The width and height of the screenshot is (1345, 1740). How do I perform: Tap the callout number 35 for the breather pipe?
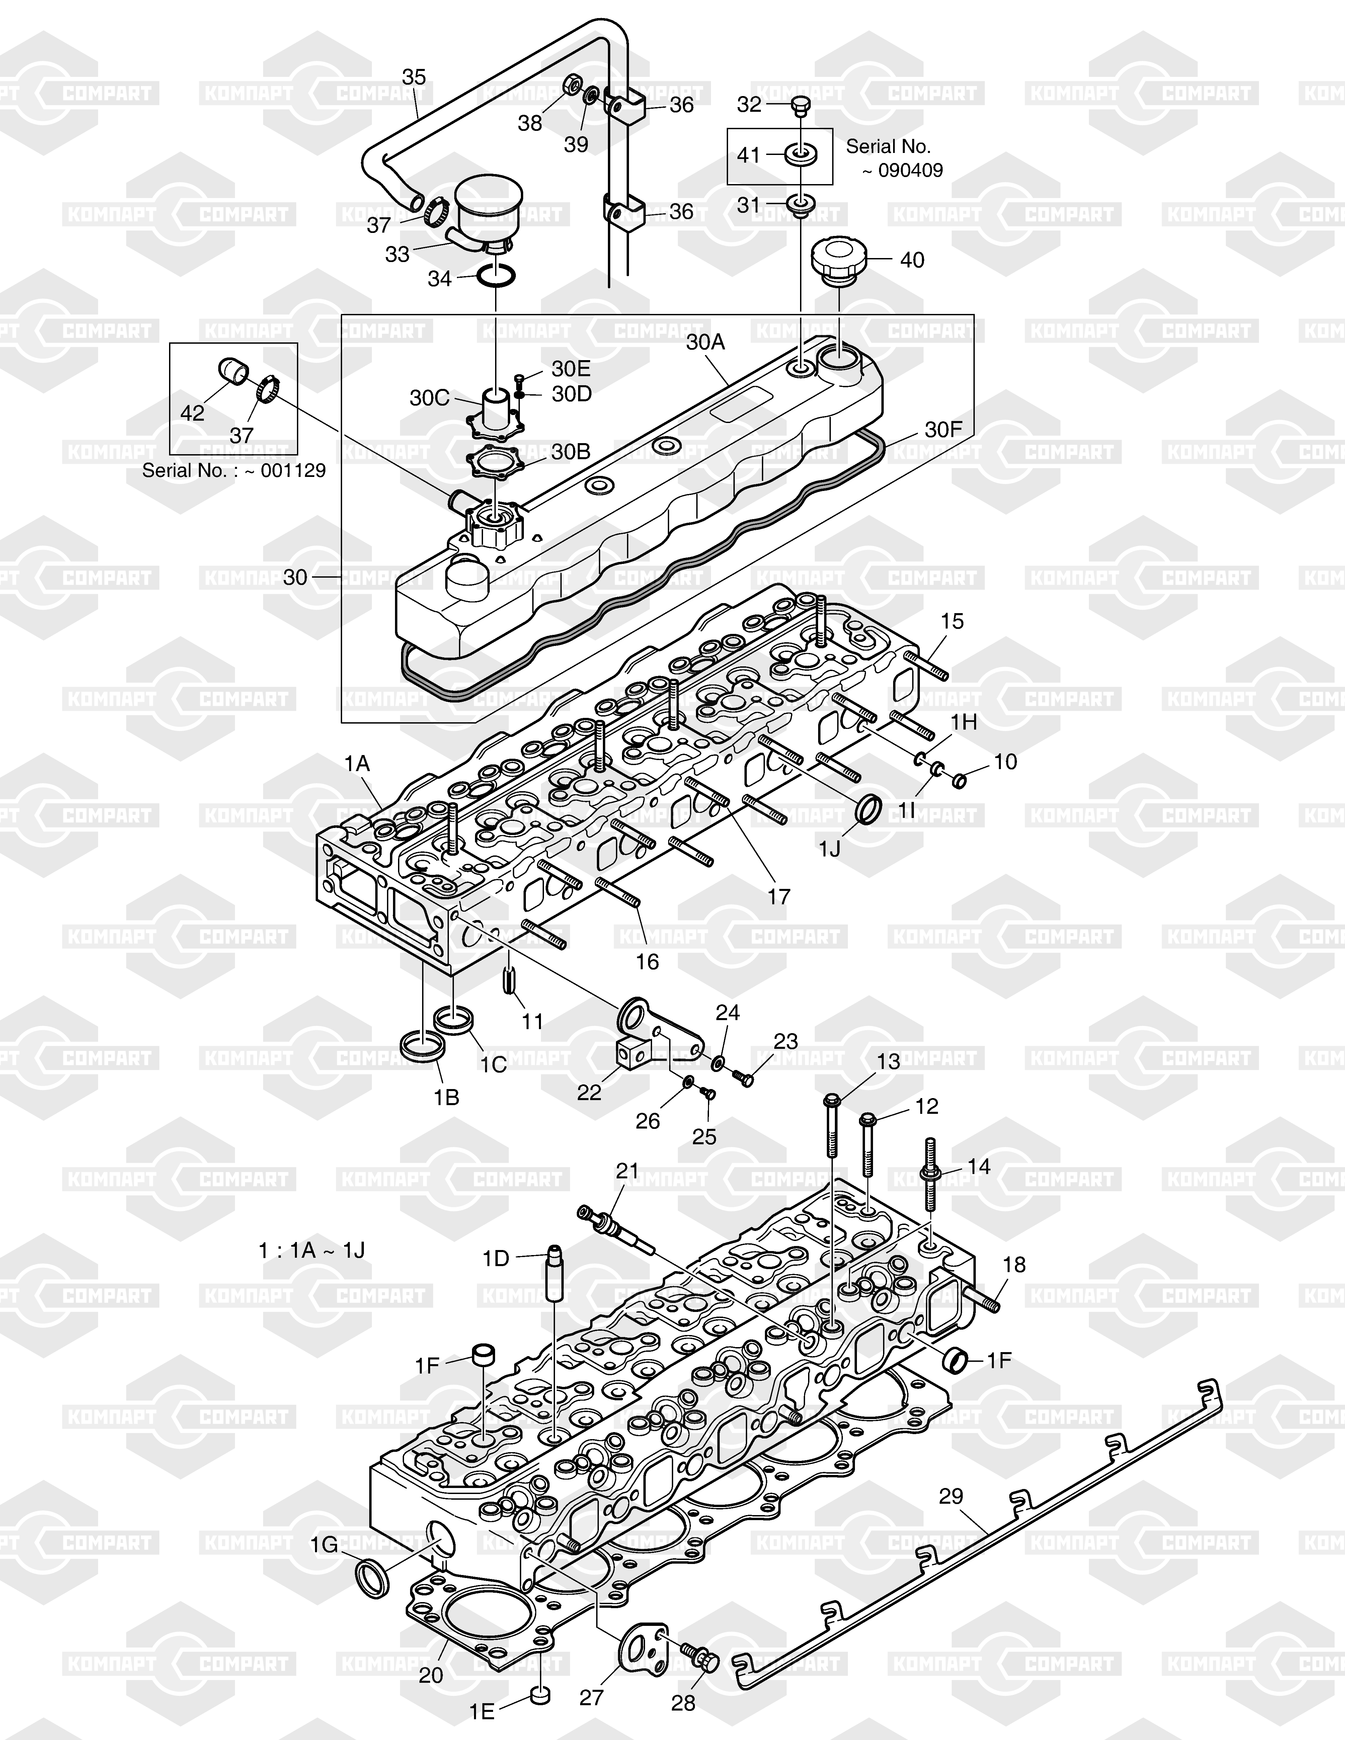coord(413,77)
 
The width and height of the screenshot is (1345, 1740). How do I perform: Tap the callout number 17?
coord(779,896)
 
